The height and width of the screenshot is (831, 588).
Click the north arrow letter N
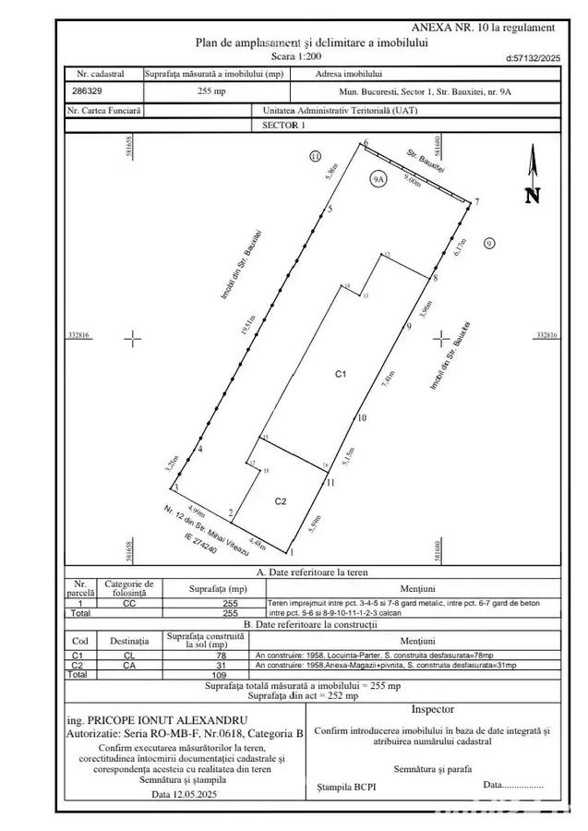pyautogui.click(x=532, y=195)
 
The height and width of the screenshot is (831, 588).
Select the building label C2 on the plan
pyautogui.click(x=282, y=501)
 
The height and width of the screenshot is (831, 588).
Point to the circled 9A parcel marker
pyautogui.click(x=378, y=179)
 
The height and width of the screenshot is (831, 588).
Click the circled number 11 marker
pyautogui.click(x=316, y=157)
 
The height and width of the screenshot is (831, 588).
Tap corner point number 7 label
pyautogui.click(x=477, y=202)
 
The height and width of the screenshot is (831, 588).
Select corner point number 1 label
pyautogui.click(x=292, y=553)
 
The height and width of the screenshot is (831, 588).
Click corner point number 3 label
pyautogui.click(x=176, y=487)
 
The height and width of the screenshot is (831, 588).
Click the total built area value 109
pyautogui.click(x=218, y=675)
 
